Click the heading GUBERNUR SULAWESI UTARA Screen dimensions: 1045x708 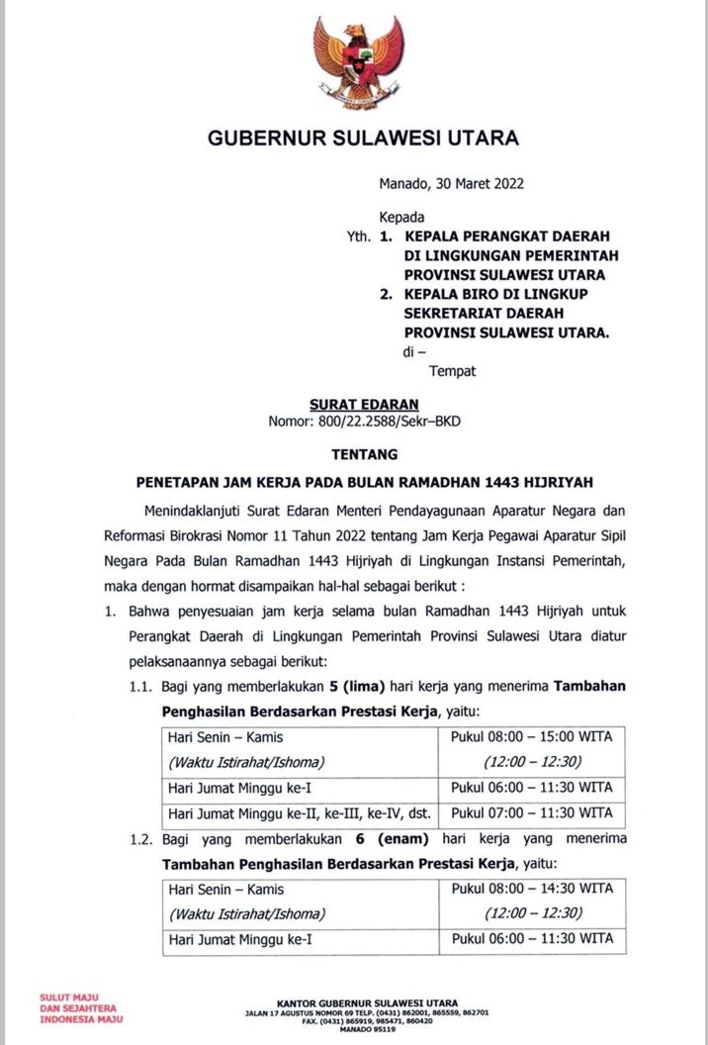[363, 138]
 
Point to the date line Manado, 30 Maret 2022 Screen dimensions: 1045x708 [451, 183]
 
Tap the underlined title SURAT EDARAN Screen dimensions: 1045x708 [364, 405]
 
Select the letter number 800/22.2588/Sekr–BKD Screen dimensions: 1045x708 [364, 422]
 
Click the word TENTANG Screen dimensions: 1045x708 [364, 455]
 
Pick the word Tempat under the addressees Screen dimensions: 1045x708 [452, 371]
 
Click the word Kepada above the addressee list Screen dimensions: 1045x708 [401, 217]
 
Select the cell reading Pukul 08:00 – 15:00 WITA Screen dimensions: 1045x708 [532, 737]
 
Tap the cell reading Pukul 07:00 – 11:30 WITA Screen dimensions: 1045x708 [532, 813]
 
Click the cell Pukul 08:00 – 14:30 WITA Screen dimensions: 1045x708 [532, 889]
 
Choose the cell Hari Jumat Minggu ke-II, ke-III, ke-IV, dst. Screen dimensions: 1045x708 [300, 813]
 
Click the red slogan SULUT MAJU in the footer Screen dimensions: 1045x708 [63, 998]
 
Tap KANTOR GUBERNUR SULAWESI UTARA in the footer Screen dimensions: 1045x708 [367, 1003]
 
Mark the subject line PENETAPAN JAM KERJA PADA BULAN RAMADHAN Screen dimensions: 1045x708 [364, 482]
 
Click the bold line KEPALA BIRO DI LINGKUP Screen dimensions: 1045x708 [490, 296]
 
